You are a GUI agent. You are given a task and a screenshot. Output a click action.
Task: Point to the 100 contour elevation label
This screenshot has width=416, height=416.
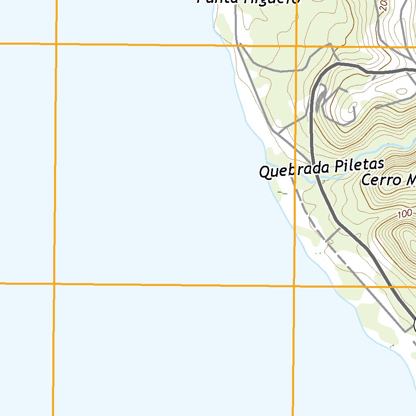point(405,213)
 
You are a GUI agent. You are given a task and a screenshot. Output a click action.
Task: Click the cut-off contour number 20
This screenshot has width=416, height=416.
point(383,5)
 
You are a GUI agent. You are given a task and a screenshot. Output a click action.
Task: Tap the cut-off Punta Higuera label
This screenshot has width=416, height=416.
point(248,2)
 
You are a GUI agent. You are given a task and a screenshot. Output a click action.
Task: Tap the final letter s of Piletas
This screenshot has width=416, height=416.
point(380,164)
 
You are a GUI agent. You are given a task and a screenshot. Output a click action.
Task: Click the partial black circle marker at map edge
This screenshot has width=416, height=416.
point(414,325)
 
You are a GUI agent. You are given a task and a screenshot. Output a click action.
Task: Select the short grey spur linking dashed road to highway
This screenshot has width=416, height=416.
point(333,235)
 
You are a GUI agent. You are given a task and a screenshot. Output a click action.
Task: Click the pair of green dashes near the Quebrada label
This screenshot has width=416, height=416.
point(282,193)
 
